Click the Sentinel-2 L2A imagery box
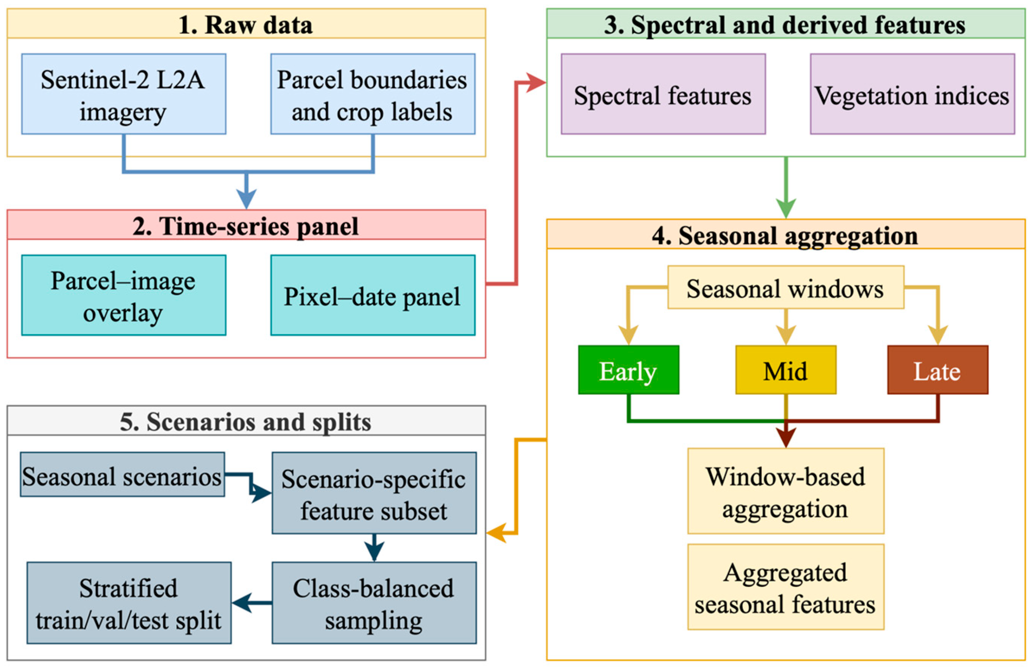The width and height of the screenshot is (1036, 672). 124,94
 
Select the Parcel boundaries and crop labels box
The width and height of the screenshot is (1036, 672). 373,94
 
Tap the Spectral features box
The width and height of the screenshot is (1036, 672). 663,94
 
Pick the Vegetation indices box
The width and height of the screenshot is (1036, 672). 912,94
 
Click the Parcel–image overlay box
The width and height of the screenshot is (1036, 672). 124,295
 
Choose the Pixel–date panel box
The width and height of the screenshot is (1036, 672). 373,295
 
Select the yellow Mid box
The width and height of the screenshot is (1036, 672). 786,370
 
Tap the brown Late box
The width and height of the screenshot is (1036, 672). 938,370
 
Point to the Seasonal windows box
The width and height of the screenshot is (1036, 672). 786,287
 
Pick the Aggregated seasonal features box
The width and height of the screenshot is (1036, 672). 786,587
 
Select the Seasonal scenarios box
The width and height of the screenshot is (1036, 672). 122,474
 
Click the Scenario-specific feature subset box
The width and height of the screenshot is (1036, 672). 374,493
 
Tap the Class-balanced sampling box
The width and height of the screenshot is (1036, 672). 374,603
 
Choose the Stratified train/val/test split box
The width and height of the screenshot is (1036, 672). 129,603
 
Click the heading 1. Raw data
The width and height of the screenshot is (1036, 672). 246,25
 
